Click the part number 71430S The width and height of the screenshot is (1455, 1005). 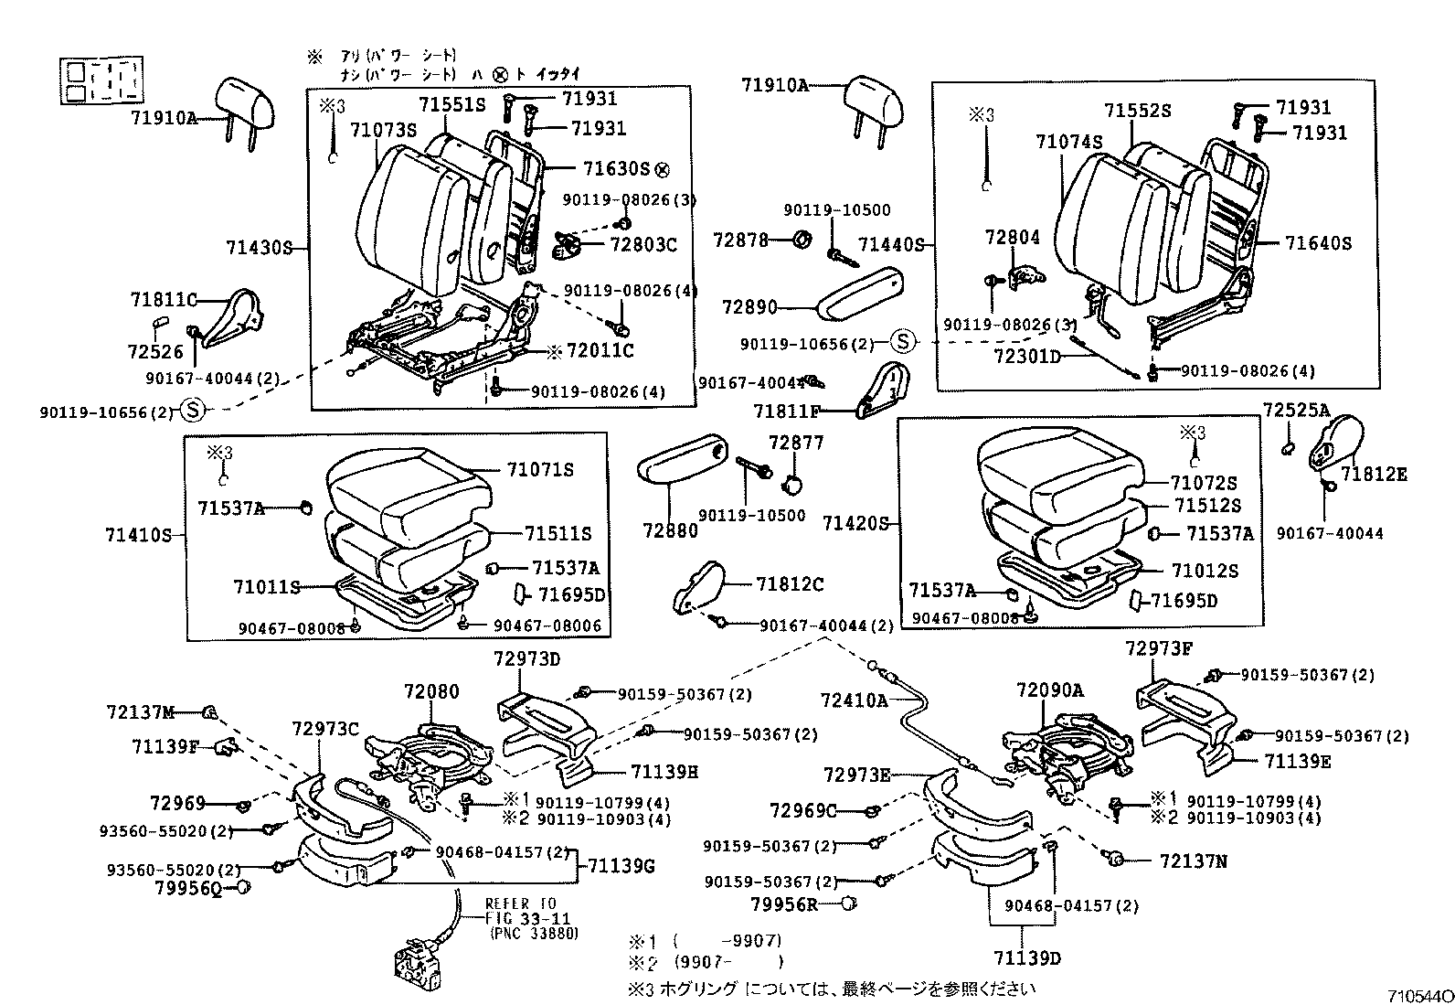tap(259, 248)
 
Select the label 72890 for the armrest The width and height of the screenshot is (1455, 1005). tap(749, 307)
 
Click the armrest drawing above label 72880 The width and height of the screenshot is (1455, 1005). tap(683, 459)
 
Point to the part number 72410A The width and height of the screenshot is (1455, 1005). tap(854, 700)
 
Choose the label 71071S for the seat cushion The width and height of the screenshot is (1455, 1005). tap(540, 470)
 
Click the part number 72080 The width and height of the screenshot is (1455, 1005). tap(431, 692)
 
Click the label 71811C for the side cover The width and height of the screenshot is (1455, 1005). tap(164, 300)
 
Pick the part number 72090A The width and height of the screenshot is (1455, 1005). tap(1049, 690)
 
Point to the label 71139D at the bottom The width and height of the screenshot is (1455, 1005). tap(1026, 958)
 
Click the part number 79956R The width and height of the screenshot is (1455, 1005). tap(782, 904)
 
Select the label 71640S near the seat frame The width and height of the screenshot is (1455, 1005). tap(1317, 243)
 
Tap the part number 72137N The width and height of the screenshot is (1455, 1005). tap(1193, 861)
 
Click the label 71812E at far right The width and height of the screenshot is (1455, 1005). tap(1374, 474)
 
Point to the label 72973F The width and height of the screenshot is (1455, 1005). tap(1159, 648)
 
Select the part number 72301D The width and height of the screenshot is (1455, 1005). tap(1027, 356)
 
